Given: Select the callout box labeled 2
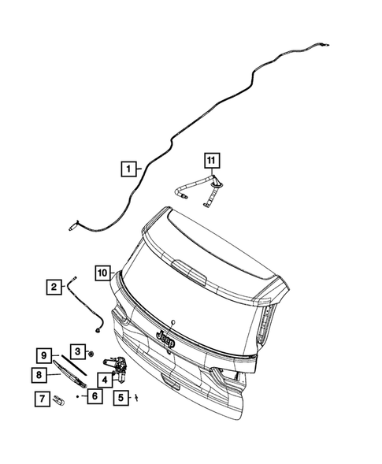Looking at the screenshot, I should tap(54, 287).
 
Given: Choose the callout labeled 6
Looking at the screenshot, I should tap(94, 396).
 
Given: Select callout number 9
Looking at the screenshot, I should tap(46, 355).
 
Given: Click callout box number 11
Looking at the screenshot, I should tap(210, 161).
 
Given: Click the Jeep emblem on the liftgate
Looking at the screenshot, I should tap(166, 337).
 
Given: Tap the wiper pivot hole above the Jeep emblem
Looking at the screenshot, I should tap(170, 322).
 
